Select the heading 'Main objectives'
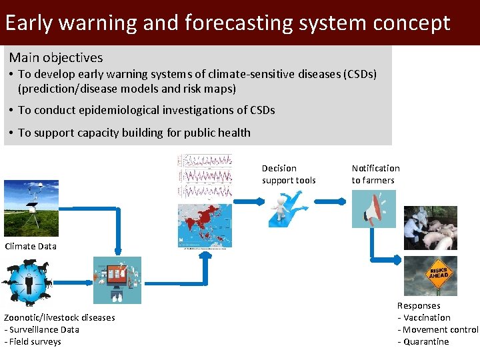tap(56, 58)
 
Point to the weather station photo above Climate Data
tap(31, 208)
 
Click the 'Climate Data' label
tap(31, 246)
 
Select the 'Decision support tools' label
tap(289, 174)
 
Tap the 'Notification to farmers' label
tap(375, 174)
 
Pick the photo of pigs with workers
tap(430, 228)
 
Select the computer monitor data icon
tap(117, 280)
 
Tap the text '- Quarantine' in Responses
tap(423, 342)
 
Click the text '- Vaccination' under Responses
tap(424, 318)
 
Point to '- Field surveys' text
tap(33, 342)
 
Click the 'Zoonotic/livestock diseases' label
tap(59, 318)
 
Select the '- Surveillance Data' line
tap(41, 330)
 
